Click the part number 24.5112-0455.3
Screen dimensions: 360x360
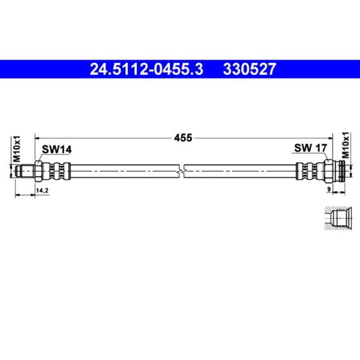(x=147, y=69)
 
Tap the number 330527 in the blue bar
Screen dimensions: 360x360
(x=249, y=69)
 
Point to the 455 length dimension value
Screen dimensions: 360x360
(x=183, y=137)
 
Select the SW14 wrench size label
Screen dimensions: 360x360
(x=57, y=150)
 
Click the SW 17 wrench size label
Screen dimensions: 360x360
(x=310, y=148)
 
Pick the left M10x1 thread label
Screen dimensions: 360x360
(x=17, y=149)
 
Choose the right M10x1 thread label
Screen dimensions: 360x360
(x=346, y=145)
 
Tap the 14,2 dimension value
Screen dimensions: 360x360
(x=43, y=190)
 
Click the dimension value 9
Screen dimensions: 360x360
(x=329, y=189)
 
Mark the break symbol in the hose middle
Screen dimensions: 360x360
(x=181, y=171)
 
